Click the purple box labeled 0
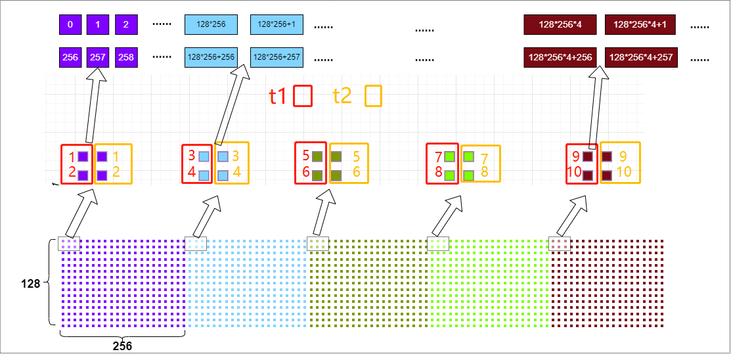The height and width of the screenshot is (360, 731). pos(70,25)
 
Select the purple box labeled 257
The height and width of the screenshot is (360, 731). pos(98,57)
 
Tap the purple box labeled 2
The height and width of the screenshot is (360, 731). pos(125,25)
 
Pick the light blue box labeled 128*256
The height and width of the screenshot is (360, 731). pos(211,25)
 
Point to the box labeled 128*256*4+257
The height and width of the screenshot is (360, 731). pos(641,57)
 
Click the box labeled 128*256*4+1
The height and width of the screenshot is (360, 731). pos(640,25)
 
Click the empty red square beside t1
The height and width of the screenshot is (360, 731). pos(303,96)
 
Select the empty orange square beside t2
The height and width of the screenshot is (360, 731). pos(373,96)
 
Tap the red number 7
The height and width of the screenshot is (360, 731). pos(438,158)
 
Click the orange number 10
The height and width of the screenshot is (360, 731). pos(623,171)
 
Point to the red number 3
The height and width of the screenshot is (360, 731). pos(192,156)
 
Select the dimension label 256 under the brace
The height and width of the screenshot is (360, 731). pos(123,344)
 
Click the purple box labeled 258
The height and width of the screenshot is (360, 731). pos(125,57)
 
